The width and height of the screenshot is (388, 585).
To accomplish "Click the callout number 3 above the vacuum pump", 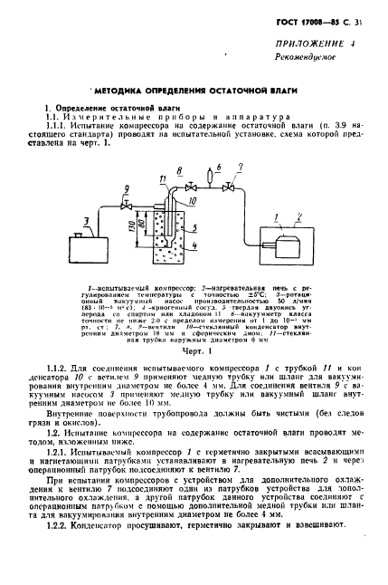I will click(86, 219).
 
